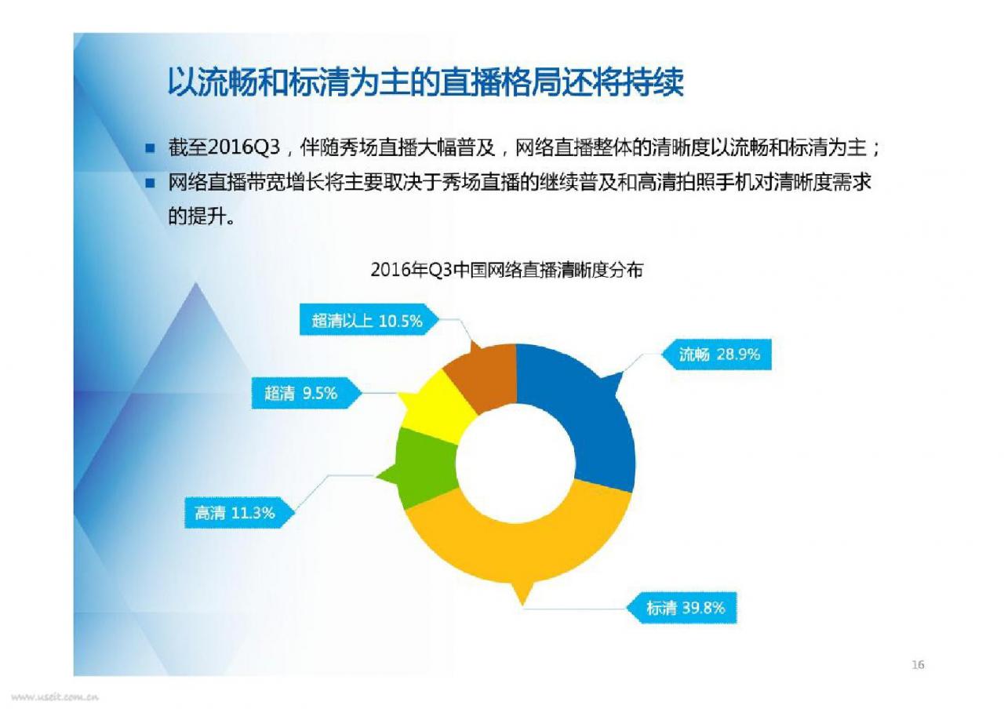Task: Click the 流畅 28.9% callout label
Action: click(717, 354)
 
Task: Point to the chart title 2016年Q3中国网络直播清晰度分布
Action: click(507, 270)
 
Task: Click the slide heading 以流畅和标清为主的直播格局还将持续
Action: click(425, 82)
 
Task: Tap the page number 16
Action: click(918, 664)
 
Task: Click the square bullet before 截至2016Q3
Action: click(150, 148)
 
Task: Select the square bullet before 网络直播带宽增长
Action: click(150, 183)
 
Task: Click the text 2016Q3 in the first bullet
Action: click(244, 147)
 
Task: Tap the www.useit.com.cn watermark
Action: click(55, 697)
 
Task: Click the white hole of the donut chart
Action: click(516, 463)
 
